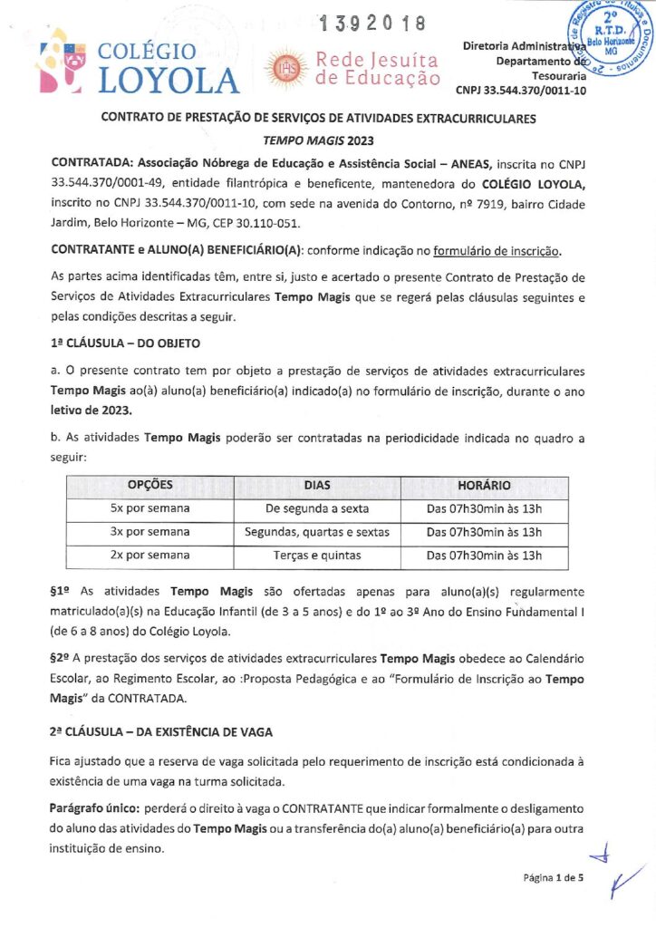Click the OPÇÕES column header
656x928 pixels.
coord(150,486)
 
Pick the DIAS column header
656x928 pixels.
coord(316,486)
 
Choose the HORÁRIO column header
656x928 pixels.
coord(484,486)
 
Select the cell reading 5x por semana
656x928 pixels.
coord(150,508)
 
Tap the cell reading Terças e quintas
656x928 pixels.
coord(316,555)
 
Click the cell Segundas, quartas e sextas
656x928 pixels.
coord(316,532)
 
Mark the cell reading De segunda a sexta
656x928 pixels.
coord(316,508)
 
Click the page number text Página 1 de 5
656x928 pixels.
coord(554,877)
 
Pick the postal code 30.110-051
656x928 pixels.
coord(273,223)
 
